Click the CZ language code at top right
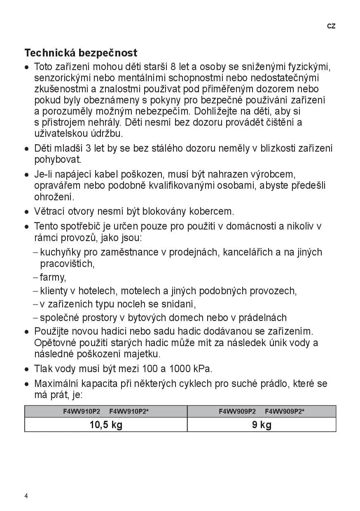point(331,26)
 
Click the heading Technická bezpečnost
point(81,53)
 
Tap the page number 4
point(26,496)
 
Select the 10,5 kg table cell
point(106,425)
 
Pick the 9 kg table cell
point(262,425)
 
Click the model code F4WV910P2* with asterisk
point(129,411)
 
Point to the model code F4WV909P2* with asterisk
point(285,411)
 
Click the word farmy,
point(53,277)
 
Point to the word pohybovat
point(58,159)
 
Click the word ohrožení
point(54,197)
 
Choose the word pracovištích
point(67,263)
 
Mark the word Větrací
point(49,212)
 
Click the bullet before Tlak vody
point(27,369)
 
